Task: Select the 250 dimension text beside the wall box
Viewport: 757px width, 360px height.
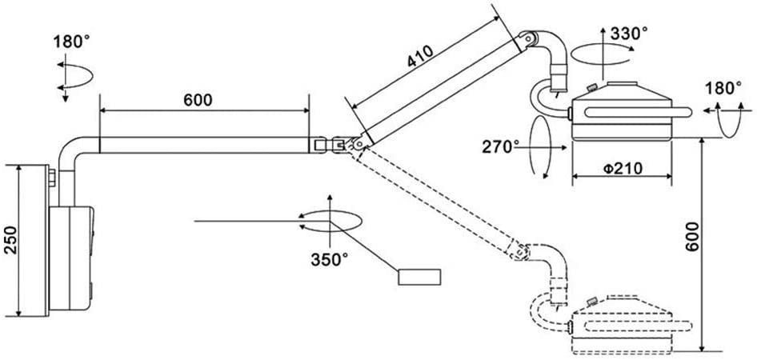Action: point(10,240)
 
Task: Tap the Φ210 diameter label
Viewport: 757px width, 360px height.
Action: point(623,169)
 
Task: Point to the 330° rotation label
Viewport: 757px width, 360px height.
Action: point(629,34)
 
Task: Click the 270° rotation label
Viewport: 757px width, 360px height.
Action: point(501,146)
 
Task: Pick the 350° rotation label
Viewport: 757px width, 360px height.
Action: point(329,260)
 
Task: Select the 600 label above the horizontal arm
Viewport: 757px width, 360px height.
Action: point(198,100)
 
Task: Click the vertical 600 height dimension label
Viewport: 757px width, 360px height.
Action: point(692,237)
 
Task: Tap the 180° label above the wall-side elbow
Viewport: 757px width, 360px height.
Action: point(71,42)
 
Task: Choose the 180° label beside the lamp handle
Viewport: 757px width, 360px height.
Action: point(723,88)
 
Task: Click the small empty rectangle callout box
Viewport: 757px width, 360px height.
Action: point(419,277)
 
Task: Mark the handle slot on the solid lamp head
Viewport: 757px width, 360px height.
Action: point(638,113)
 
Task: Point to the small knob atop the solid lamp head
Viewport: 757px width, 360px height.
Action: point(591,88)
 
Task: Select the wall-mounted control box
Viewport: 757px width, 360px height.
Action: point(71,258)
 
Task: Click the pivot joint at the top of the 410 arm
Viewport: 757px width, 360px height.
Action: point(527,39)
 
